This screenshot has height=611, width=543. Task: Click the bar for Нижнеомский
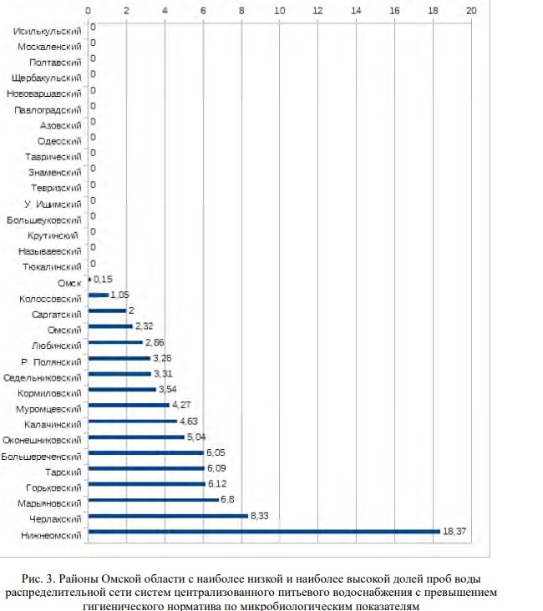pyautogui.click(x=263, y=532)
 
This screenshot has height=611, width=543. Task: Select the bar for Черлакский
pyautogui.click(x=167, y=516)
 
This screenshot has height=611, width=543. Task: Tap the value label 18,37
pyautogui.click(x=454, y=531)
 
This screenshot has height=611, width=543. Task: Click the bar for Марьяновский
pyautogui.click(x=153, y=500)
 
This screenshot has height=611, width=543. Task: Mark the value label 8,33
pyautogui.click(x=261, y=516)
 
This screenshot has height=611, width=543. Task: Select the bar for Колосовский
pyautogui.click(x=98, y=295)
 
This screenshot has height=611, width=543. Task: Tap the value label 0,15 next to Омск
pyautogui.click(x=103, y=279)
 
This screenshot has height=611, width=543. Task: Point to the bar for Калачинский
pyautogui.click(x=132, y=421)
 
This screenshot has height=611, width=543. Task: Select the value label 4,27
pyautogui.click(x=181, y=406)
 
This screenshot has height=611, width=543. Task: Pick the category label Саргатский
pyautogui.click(x=56, y=314)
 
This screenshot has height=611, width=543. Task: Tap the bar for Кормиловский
pyautogui.click(x=122, y=389)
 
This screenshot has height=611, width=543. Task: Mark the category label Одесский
pyautogui.click(x=59, y=141)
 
